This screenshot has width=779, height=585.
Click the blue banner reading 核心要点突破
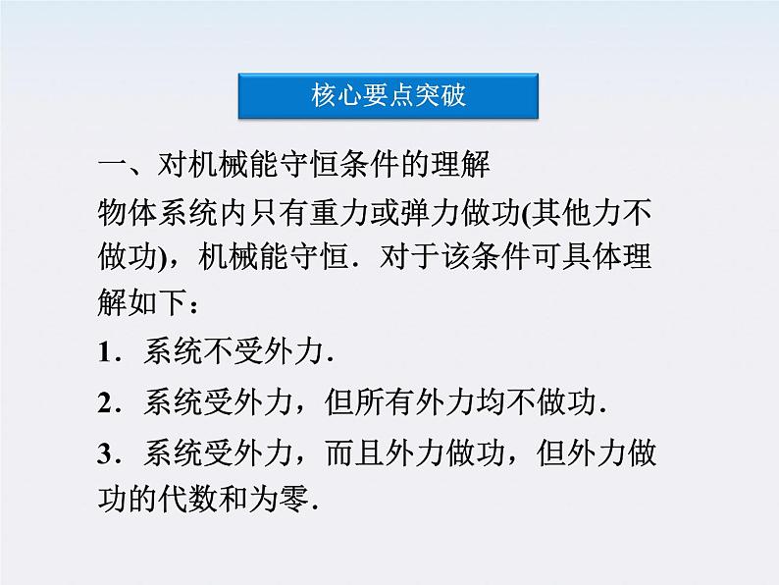(x=389, y=96)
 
